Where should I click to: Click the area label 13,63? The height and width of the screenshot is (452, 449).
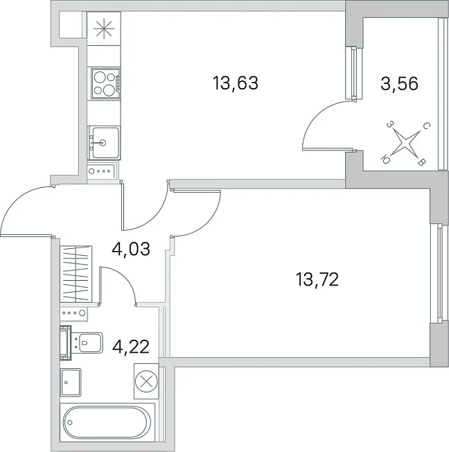(x=235, y=83)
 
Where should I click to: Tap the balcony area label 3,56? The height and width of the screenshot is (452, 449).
(x=399, y=84)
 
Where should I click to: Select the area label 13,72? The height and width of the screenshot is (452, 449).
(x=317, y=279)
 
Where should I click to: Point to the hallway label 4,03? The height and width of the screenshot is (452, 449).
(x=131, y=249)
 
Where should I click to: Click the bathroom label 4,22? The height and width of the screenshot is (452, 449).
(x=131, y=347)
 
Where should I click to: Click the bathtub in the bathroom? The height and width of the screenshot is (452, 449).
(x=107, y=422)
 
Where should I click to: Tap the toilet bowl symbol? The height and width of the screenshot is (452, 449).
(x=87, y=342)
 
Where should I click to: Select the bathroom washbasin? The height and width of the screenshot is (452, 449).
(x=71, y=382)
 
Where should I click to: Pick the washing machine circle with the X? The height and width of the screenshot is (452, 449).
(x=146, y=381)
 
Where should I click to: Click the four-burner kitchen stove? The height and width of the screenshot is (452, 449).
(x=106, y=83)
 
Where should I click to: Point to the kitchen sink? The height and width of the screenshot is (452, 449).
(x=104, y=143)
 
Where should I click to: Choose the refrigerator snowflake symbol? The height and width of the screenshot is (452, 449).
(x=104, y=28)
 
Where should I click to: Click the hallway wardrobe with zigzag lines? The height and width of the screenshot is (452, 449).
(x=76, y=274)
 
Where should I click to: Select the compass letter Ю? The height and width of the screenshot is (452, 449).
(x=385, y=159)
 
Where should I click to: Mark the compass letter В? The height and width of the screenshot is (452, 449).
(x=421, y=163)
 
